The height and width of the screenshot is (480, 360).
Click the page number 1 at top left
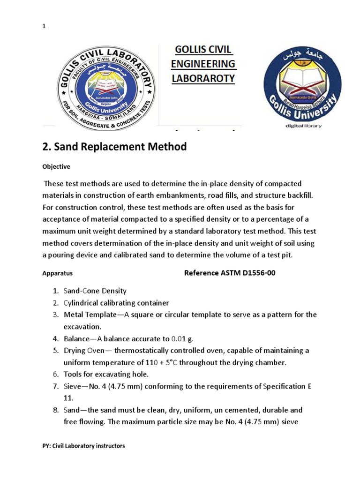click(44, 27)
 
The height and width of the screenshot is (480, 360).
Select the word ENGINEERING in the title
click(204, 64)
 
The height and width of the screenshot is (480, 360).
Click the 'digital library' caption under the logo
click(303, 126)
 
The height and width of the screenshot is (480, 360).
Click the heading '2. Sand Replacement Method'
click(114, 147)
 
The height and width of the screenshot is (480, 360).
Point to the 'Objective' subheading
click(56, 166)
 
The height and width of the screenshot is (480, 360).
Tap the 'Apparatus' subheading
click(57, 273)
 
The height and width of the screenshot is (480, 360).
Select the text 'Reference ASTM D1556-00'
click(229, 273)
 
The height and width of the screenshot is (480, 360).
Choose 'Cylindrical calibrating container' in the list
click(116, 303)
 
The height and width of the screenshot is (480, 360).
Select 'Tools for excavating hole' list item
click(106, 374)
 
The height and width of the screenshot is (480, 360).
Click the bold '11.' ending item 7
click(69, 398)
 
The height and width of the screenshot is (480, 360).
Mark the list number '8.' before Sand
click(55, 410)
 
